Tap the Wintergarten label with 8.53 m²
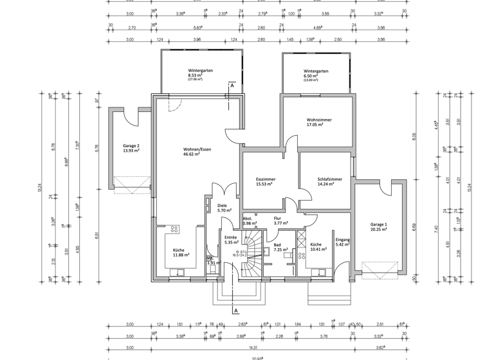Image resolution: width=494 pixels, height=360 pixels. (200, 75)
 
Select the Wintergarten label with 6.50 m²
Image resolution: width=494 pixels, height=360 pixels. (316, 75)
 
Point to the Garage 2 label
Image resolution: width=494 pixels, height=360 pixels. (131, 148)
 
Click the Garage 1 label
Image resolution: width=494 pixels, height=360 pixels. (379, 227)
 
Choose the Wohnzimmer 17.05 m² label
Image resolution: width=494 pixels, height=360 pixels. (319, 123)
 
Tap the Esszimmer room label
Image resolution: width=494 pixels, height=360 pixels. (265, 182)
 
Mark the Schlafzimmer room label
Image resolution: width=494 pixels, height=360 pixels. (329, 182)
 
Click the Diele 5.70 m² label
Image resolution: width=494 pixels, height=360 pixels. (223, 208)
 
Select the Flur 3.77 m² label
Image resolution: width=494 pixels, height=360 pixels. (279, 221)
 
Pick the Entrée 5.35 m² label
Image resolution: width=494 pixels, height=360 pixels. (231, 240)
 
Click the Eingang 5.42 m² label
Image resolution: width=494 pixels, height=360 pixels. (342, 242)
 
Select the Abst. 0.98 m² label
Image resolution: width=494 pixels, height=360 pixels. (250, 221)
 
